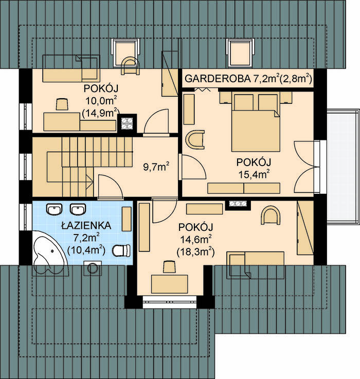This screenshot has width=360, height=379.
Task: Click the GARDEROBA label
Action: (218, 79)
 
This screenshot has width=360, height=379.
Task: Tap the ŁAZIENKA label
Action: (86, 226)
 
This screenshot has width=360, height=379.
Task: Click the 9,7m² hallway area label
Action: (156, 167)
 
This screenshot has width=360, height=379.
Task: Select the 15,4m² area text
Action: (254, 174)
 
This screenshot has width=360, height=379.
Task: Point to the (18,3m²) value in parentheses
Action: (196, 252)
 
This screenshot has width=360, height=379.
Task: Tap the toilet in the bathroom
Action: (121, 250)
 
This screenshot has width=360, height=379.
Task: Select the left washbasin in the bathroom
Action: (54, 209)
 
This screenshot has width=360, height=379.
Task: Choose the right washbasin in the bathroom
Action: (78, 209)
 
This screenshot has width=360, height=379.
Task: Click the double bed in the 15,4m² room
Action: (256, 121)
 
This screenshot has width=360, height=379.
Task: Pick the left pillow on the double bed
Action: (244, 102)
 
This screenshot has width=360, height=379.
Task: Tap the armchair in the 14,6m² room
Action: (271, 215)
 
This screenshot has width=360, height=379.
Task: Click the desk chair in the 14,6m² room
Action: (169, 266)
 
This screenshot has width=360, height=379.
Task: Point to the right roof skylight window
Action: (241, 52)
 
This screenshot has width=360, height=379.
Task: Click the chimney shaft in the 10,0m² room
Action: (127, 123)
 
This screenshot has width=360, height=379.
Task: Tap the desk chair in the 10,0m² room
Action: (62, 104)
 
